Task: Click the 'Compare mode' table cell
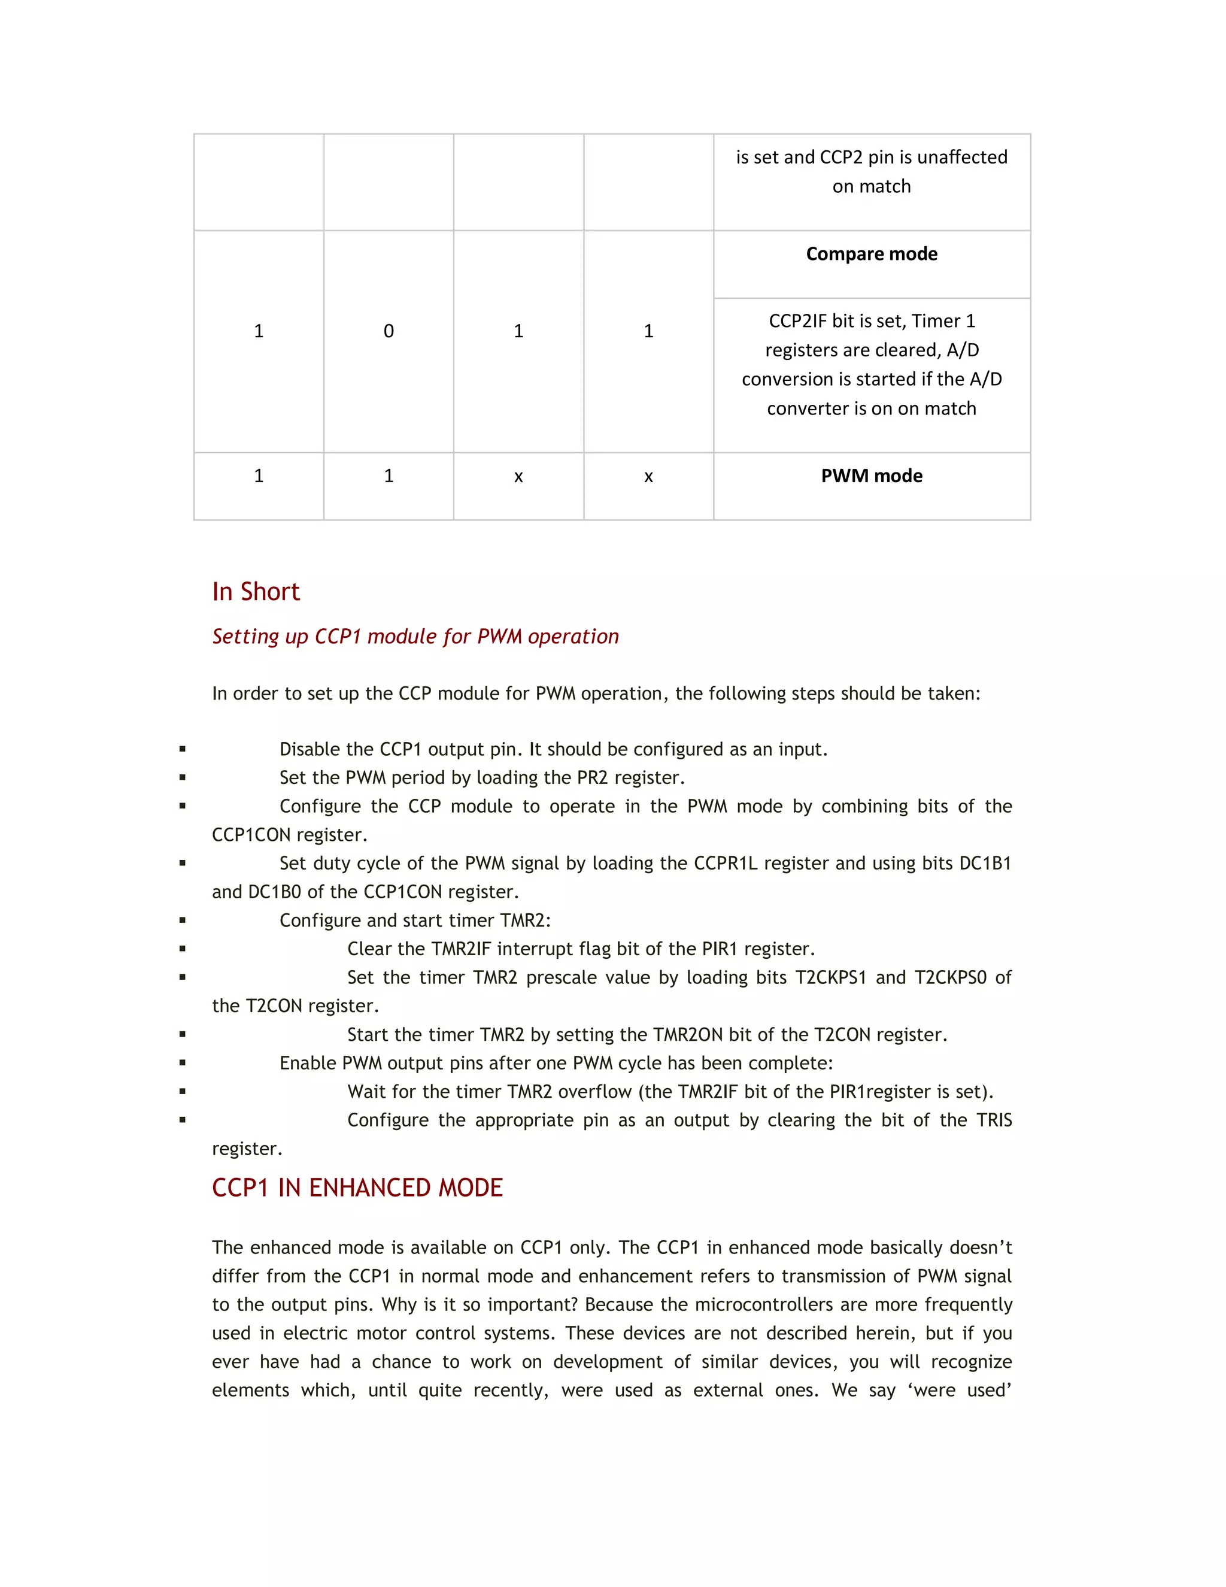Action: click(x=871, y=255)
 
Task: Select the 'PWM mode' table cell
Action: click(x=871, y=476)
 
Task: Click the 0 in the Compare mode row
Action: click(x=389, y=331)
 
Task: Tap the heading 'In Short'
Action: click(x=256, y=592)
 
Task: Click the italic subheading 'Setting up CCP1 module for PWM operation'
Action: click(x=415, y=637)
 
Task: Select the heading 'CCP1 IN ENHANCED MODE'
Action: click(x=357, y=1188)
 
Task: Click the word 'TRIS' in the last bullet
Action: click(x=994, y=1120)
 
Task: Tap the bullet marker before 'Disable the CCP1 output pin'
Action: click(x=183, y=749)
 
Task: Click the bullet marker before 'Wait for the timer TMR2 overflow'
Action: click(x=183, y=1091)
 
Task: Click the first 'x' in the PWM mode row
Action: click(x=518, y=477)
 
